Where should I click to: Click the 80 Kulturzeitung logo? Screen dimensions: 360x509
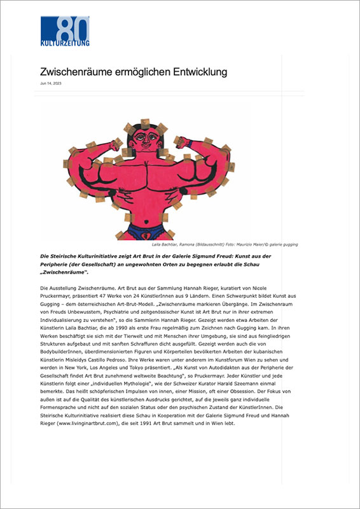(65, 31)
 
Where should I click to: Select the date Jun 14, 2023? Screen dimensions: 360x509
(51, 83)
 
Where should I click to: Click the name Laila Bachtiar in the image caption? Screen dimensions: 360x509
(166, 244)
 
